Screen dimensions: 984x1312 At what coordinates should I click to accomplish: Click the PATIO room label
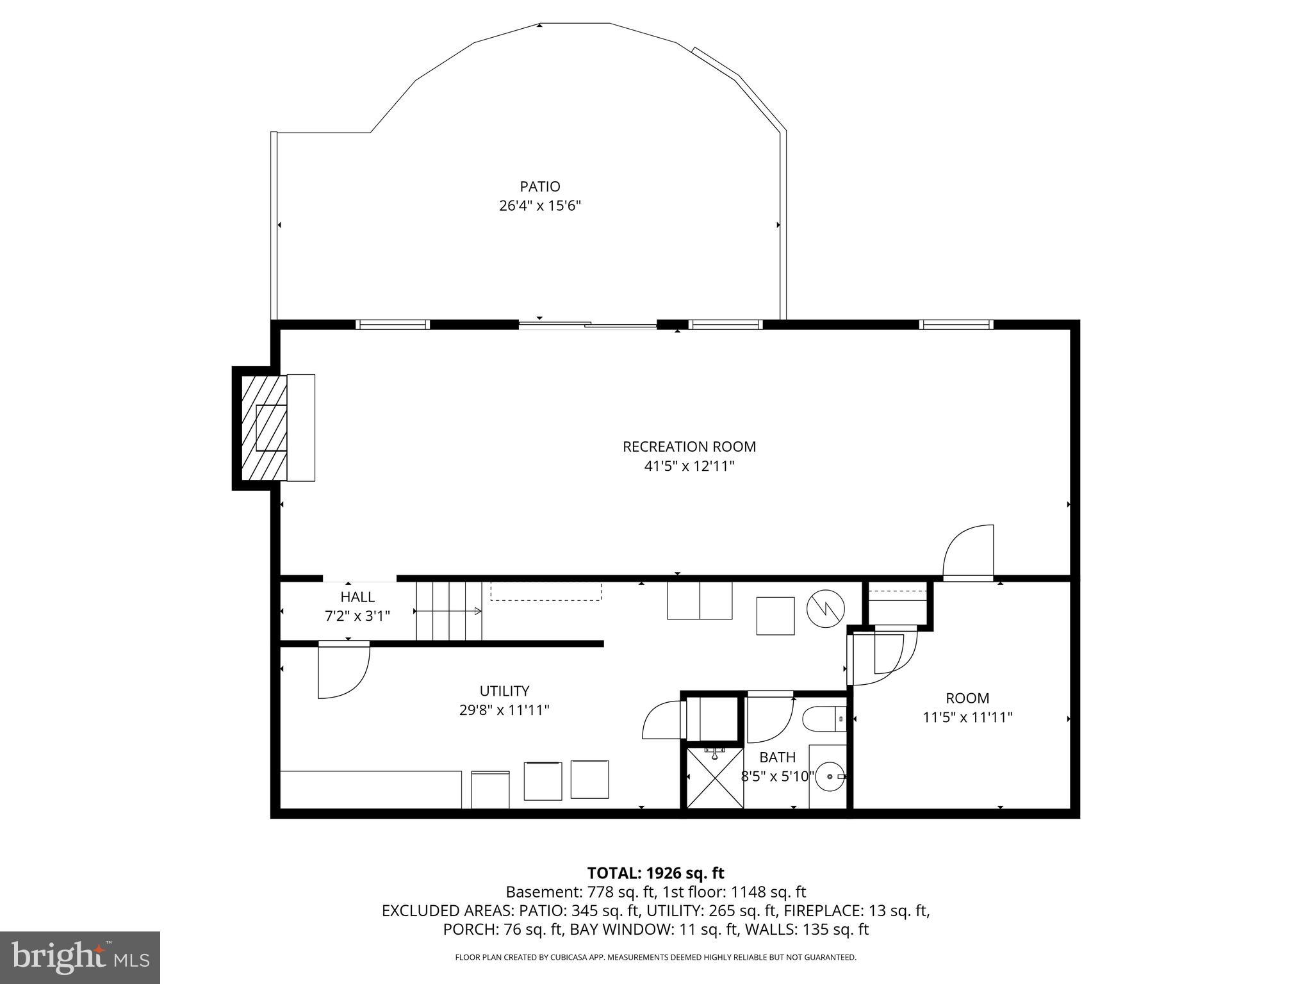pos(539,186)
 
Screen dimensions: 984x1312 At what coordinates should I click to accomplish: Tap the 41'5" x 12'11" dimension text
pos(689,466)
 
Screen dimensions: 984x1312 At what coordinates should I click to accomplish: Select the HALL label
pos(357,597)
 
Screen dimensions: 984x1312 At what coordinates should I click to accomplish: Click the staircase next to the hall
pos(448,611)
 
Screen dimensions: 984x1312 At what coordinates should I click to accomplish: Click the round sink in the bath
pos(830,776)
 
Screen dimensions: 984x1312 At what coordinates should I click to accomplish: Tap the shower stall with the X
pos(715,778)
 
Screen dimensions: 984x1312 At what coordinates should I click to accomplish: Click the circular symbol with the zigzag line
pos(825,608)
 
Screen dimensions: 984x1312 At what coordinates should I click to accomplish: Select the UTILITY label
pos(504,691)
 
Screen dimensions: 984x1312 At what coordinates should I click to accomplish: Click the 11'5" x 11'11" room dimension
pos(967,717)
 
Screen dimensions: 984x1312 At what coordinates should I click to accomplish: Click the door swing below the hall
pos(343,669)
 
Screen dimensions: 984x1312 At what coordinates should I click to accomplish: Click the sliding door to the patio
pos(587,325)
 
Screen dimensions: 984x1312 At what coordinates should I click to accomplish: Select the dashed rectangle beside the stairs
pos(546,591)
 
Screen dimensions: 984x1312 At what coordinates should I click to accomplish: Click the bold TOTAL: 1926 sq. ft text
pos(655,873)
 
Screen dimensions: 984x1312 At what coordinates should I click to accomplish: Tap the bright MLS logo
pos(80,957)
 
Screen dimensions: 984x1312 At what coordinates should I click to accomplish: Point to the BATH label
pos(777,757)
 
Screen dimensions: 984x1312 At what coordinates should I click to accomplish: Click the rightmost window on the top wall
pos(956,325)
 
